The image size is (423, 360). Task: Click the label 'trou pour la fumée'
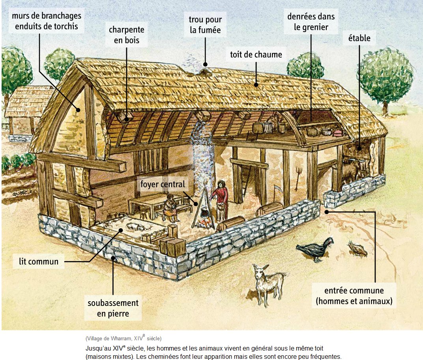point(205,24)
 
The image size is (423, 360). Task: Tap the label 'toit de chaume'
point(256,54)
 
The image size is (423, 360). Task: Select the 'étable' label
point(359,38)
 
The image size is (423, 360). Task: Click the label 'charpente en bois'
point(127,35)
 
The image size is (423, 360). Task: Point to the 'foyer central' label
point(163,184)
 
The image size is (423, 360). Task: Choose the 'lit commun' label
point(39,261)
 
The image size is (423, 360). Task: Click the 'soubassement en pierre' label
point(113,308)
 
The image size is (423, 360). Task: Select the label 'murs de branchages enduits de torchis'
point(47,21)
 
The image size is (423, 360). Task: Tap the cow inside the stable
point(350,170)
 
